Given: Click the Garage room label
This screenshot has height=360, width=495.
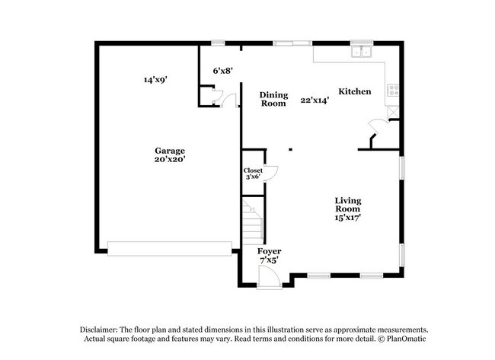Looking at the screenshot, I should [x=169, y=151].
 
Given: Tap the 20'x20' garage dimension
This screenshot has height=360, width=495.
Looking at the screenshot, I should [x=169, y=160].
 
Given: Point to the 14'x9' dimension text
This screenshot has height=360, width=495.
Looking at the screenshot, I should [x=155, y=78].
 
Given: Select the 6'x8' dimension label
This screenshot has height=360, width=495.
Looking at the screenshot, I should [x=222, y=71].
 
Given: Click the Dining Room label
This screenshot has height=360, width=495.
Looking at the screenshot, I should [x=273, y=99].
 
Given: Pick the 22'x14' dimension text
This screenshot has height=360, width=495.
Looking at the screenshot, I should [x=314, y=100].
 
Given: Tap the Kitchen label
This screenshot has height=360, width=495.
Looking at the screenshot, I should [x=355, y=92].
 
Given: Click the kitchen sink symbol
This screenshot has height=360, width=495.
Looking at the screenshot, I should [x=362, y=52].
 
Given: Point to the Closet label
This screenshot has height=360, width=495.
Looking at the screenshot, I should [x=253, y=170].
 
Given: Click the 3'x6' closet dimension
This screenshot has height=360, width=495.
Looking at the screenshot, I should [x=253, y=177].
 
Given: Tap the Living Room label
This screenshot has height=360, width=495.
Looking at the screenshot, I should [x=348, y=205].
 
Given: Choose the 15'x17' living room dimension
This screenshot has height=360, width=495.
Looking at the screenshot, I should [x=348, y=217].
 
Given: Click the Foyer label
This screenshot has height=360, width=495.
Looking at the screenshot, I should [x=269, y=251].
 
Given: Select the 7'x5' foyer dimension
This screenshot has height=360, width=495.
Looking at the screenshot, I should [x=269, y=260].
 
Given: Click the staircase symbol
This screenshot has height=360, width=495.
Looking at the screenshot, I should [x=252, y=221].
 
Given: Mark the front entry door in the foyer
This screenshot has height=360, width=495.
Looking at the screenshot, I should [x=267, y=279].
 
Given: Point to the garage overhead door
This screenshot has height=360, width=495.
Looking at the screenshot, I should [x=169, y=248].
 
